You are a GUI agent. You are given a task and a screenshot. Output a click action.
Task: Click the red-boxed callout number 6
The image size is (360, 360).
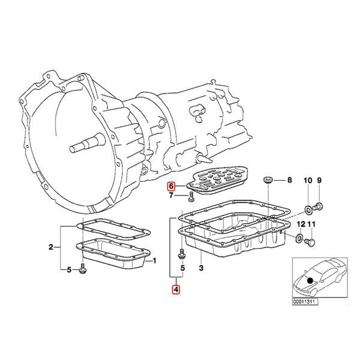171,186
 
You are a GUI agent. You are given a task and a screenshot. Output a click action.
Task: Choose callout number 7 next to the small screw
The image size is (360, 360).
171,196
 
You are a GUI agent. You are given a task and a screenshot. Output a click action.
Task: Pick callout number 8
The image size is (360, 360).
289,180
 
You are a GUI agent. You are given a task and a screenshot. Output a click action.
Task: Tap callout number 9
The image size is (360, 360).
319,181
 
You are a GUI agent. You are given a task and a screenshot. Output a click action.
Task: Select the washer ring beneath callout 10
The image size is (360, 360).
307,208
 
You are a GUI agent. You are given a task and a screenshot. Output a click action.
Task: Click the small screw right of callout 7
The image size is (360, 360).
190,196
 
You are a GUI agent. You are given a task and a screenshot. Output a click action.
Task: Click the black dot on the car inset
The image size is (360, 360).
310,279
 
